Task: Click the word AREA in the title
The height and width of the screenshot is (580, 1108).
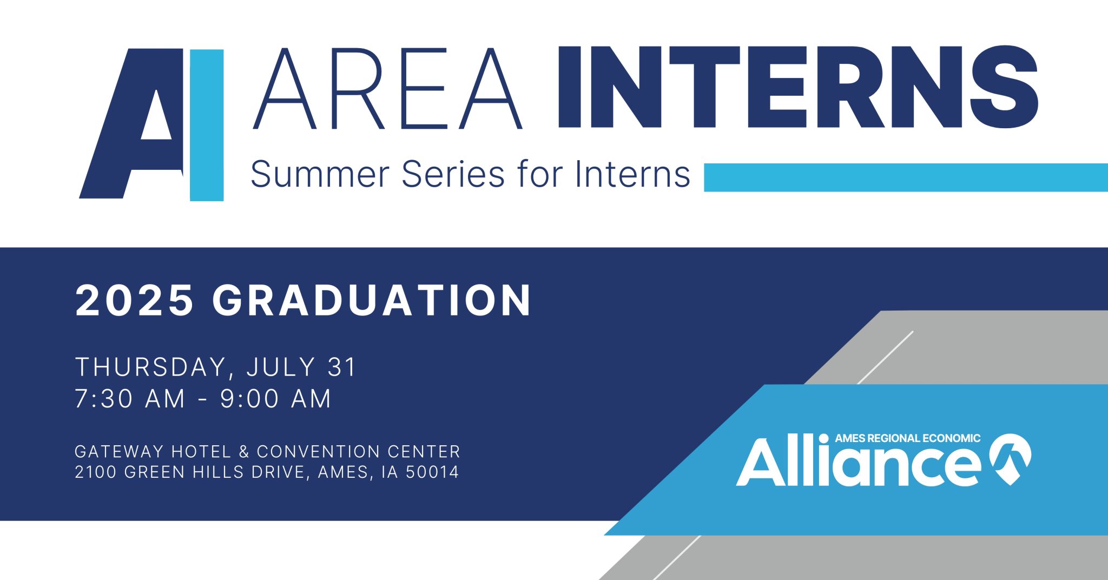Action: [x=387, y=89]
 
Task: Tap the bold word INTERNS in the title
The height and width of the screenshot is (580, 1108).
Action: [x=797, y=88]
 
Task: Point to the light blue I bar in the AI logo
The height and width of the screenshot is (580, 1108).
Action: [x=207, y=125]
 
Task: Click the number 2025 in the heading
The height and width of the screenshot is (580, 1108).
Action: [x=135, y=300]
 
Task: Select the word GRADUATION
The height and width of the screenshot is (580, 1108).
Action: [x=372, y=300]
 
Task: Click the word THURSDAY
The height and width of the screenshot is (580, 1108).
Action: [x=150, y=367]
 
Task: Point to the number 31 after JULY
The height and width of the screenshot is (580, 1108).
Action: [x=342, y=367]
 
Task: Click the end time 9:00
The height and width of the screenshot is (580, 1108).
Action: [x=249, y=399]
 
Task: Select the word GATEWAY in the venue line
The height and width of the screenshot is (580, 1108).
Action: [x=119, y=451]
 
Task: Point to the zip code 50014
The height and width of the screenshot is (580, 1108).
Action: [x=432, y=472]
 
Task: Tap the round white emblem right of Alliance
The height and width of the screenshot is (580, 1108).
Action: [x=1010, y=458]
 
